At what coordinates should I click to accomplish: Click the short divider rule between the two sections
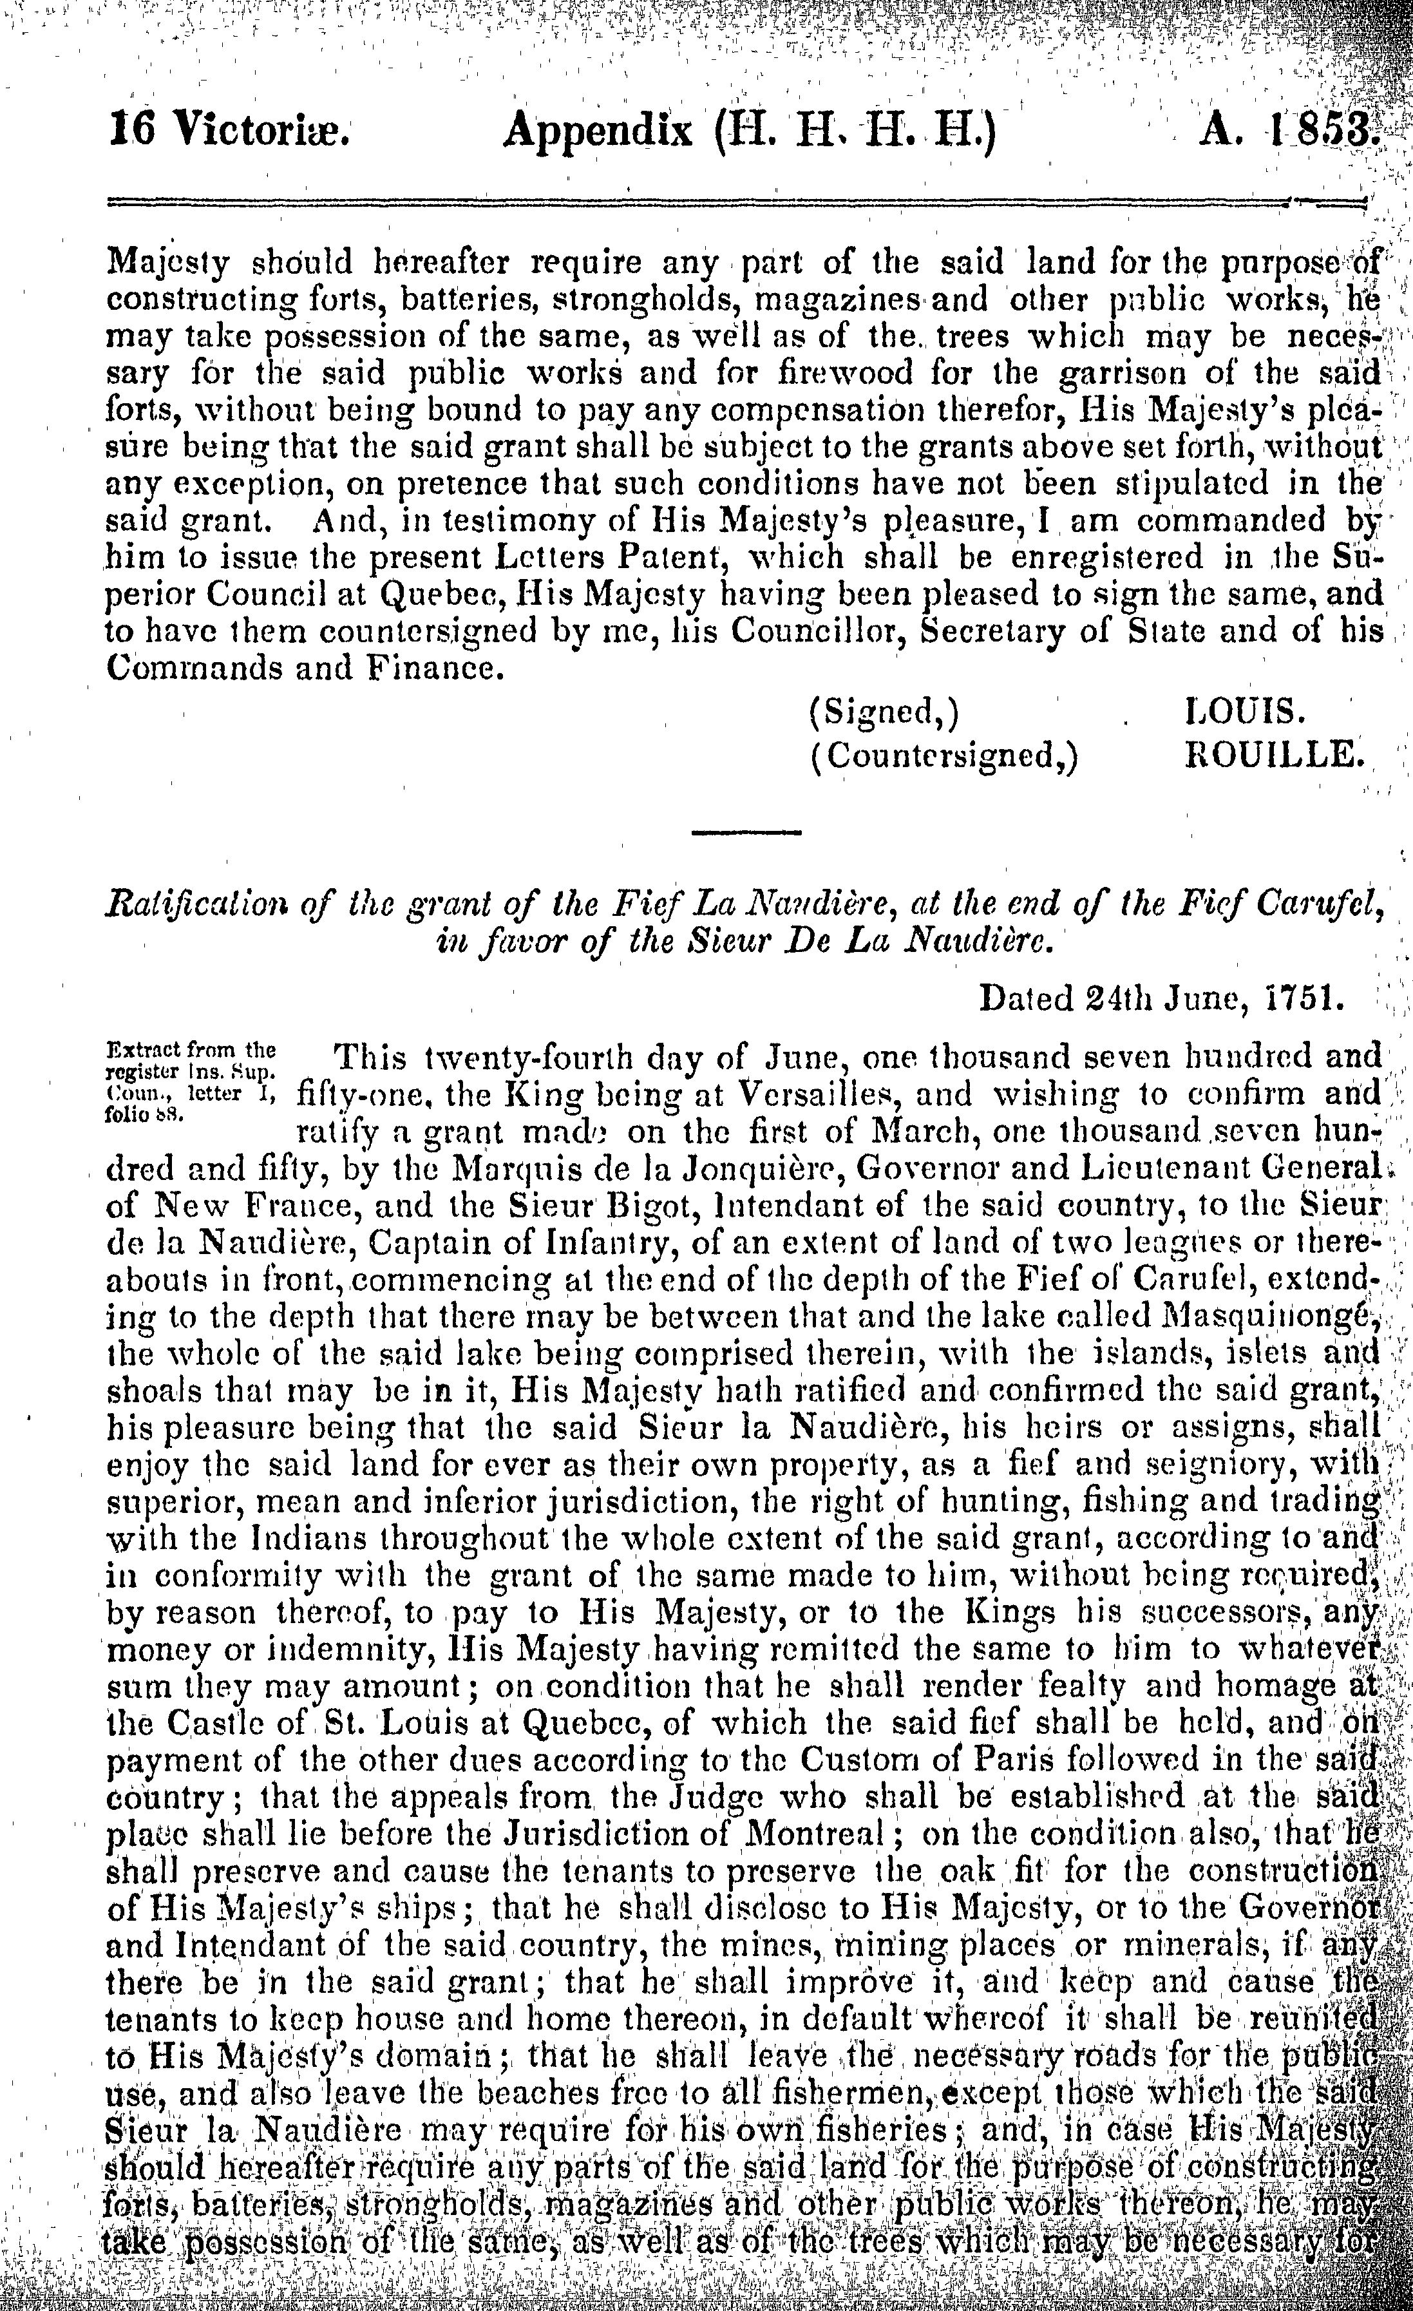746,832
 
